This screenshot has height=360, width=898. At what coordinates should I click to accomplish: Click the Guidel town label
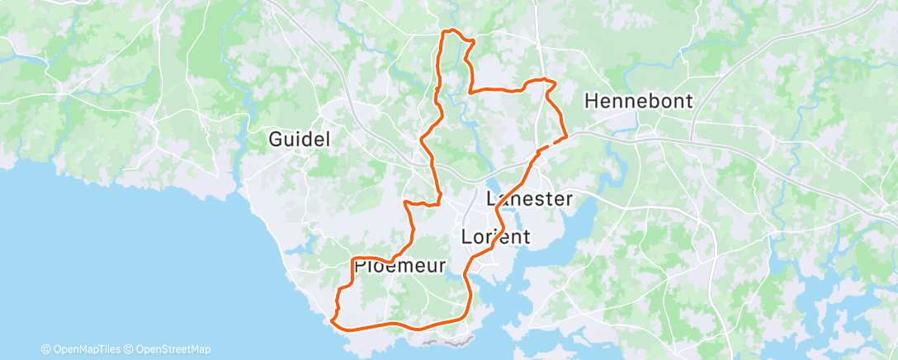(x=300, y=140)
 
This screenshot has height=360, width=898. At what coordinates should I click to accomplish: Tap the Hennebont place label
(x=638, y=101)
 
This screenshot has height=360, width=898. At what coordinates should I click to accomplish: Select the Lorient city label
(x=495, y=237)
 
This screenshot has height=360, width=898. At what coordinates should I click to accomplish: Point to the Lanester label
(x=530, y=199)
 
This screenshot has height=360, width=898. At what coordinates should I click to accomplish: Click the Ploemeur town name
(x=399, y=266)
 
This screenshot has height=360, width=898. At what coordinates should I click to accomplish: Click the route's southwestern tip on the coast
(x=332, y=320)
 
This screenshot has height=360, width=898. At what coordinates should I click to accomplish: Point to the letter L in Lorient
(x=466, y=237)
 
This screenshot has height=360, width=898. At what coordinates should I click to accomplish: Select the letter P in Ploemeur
(x=360, y=266)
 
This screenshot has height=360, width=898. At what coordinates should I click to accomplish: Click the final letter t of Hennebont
(x=688, y=101)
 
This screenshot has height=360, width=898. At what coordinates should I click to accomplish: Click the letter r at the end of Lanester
(x=568, y=199)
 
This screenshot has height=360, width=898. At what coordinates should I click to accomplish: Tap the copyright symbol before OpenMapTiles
(x=46, y=349)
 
